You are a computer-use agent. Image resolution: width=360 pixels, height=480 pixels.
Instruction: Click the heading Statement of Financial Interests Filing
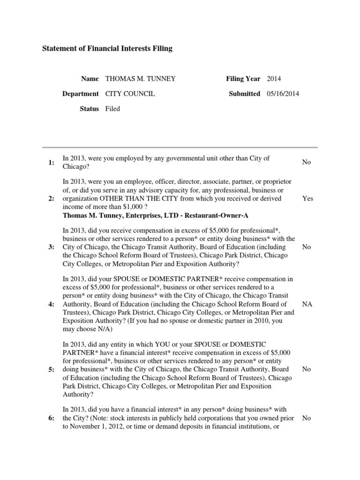tap(107, 48)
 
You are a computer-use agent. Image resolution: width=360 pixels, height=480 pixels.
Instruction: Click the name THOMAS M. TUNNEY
tap(141, 79)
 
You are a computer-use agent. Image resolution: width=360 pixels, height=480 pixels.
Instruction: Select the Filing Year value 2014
tap(274, 79)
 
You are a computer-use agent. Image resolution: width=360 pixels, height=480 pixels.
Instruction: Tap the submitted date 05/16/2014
tap(283, 94)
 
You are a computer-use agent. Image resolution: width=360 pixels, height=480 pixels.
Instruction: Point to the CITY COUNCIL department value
tap(130, 94)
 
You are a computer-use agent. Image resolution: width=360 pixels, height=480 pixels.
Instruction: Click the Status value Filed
tap(112, 109)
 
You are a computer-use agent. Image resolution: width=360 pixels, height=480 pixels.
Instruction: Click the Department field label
tap(81, 94)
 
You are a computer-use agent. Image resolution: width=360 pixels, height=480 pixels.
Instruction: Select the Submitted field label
tap(244, 94)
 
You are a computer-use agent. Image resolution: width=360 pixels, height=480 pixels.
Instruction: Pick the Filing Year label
tap(243, 79)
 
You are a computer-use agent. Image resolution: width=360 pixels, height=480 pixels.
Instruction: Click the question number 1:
tap(51, 163)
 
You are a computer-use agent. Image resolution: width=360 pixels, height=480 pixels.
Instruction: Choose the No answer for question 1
tap(307, 162)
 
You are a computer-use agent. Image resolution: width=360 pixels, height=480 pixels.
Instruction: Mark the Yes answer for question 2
tap(307, 198)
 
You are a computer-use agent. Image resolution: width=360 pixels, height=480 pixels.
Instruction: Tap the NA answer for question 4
tap(307, 304)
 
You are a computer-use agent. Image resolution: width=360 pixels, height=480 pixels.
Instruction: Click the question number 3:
tap(51, 247)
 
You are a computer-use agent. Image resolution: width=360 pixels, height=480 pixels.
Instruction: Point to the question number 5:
tap(51, 369)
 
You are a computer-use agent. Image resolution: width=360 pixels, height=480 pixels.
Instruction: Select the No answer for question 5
tap(307, 369)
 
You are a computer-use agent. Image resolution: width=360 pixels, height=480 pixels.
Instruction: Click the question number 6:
tap(51, 418)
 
